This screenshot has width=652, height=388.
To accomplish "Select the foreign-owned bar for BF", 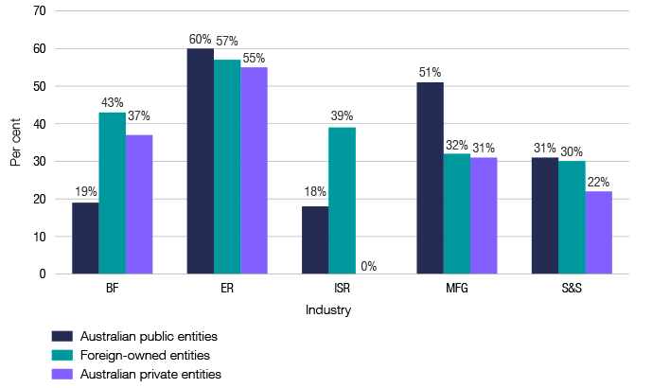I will (x=112, y=194).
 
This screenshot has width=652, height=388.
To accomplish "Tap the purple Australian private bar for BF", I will (x=139, y=204).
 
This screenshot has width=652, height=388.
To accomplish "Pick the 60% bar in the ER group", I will (x=200, y=162).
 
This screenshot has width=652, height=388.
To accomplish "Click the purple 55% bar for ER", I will (x=254, y=171).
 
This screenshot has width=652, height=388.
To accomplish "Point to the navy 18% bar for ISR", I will (x=314, y=240).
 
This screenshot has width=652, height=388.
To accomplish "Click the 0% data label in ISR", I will (x=368, y=267).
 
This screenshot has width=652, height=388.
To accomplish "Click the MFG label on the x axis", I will (x=456, y=290).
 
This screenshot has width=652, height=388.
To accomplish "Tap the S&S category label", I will (x=572, y=290).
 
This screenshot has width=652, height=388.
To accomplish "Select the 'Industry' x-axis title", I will (x=328, y=310).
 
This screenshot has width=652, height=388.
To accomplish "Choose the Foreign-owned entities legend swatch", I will (x=62, y=355).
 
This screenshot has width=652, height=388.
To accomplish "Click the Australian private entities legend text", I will (x=151, y=374).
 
